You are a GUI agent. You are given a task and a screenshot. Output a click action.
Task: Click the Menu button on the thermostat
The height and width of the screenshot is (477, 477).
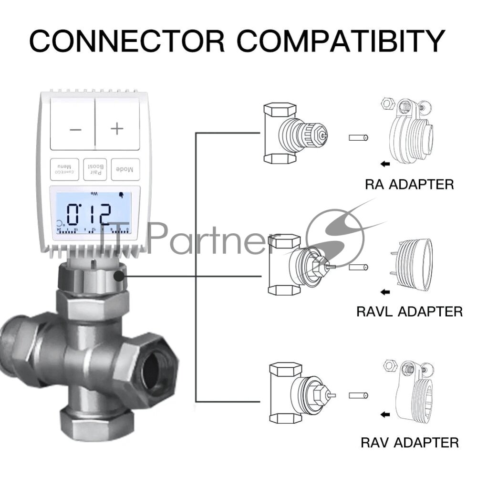coord(65,169)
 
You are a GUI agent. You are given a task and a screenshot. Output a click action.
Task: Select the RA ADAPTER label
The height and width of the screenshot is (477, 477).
coord(408,184)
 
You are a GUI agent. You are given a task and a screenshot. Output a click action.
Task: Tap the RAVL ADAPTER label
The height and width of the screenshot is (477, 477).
coord(409,311)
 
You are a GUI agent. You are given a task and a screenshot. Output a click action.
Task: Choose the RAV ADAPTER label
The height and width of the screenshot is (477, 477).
coord(410,442)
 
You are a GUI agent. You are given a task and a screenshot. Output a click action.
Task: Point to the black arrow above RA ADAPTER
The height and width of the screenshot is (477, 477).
coord(384,164)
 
